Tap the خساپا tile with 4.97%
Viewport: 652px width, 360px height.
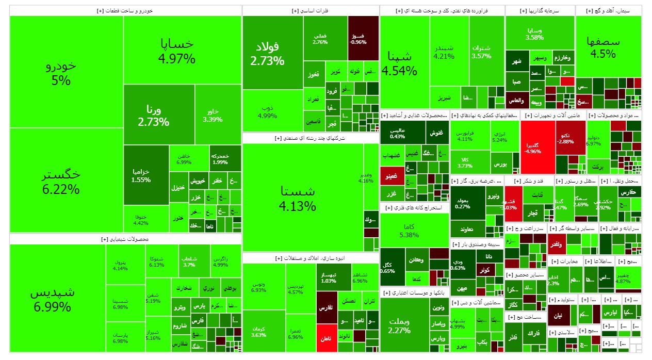(177, 50)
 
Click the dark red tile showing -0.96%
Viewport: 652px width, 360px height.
(363, 38)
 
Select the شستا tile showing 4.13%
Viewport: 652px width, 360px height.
(303, 198)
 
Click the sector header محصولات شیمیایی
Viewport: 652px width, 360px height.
(125, 239)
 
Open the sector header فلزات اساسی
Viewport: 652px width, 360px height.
(311, 10)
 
